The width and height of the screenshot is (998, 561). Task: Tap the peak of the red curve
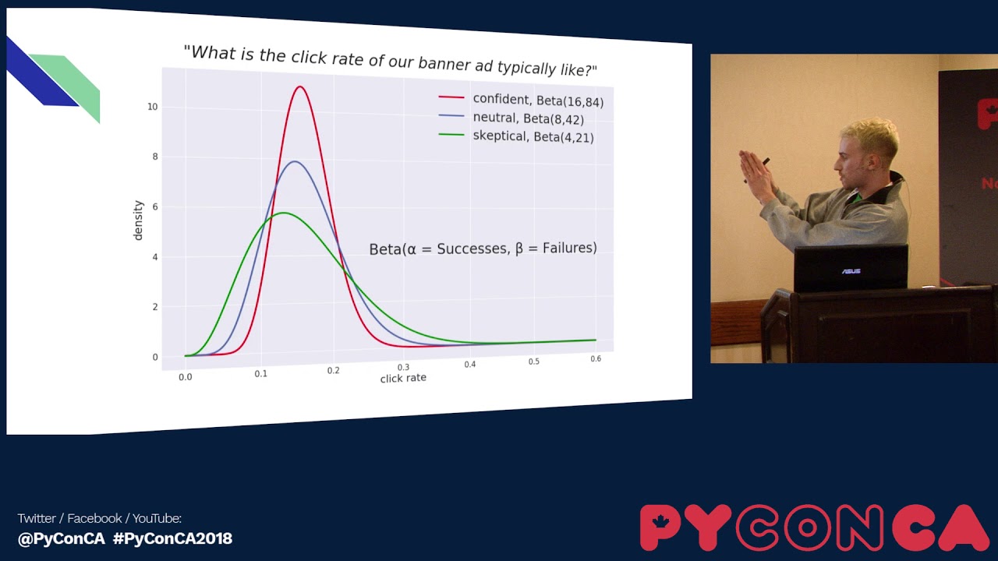[x=299, y=86]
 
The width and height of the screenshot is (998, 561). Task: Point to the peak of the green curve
[x=284, y=213]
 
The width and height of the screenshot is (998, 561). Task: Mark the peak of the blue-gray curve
[x=295, y=161]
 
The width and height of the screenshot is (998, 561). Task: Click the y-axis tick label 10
[x=152, y=107]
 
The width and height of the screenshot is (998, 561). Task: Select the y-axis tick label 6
[x=154, y=206]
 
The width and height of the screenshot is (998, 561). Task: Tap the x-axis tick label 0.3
[x=403, y=367]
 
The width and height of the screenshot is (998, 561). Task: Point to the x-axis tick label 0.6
[x=596, y=359]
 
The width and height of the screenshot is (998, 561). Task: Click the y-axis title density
[x=139, y=221]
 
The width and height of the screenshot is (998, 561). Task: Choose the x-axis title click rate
[x=403, y=379]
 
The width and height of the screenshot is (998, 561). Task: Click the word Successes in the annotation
[x=472, y=249]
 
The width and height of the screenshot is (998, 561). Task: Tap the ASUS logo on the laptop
[x=850, y=271]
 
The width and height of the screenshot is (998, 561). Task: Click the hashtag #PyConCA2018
[x=172, y=538]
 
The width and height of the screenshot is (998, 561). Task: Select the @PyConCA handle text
[x=61, y=538]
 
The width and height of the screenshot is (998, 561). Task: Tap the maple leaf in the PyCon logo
[x=661, y=520]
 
